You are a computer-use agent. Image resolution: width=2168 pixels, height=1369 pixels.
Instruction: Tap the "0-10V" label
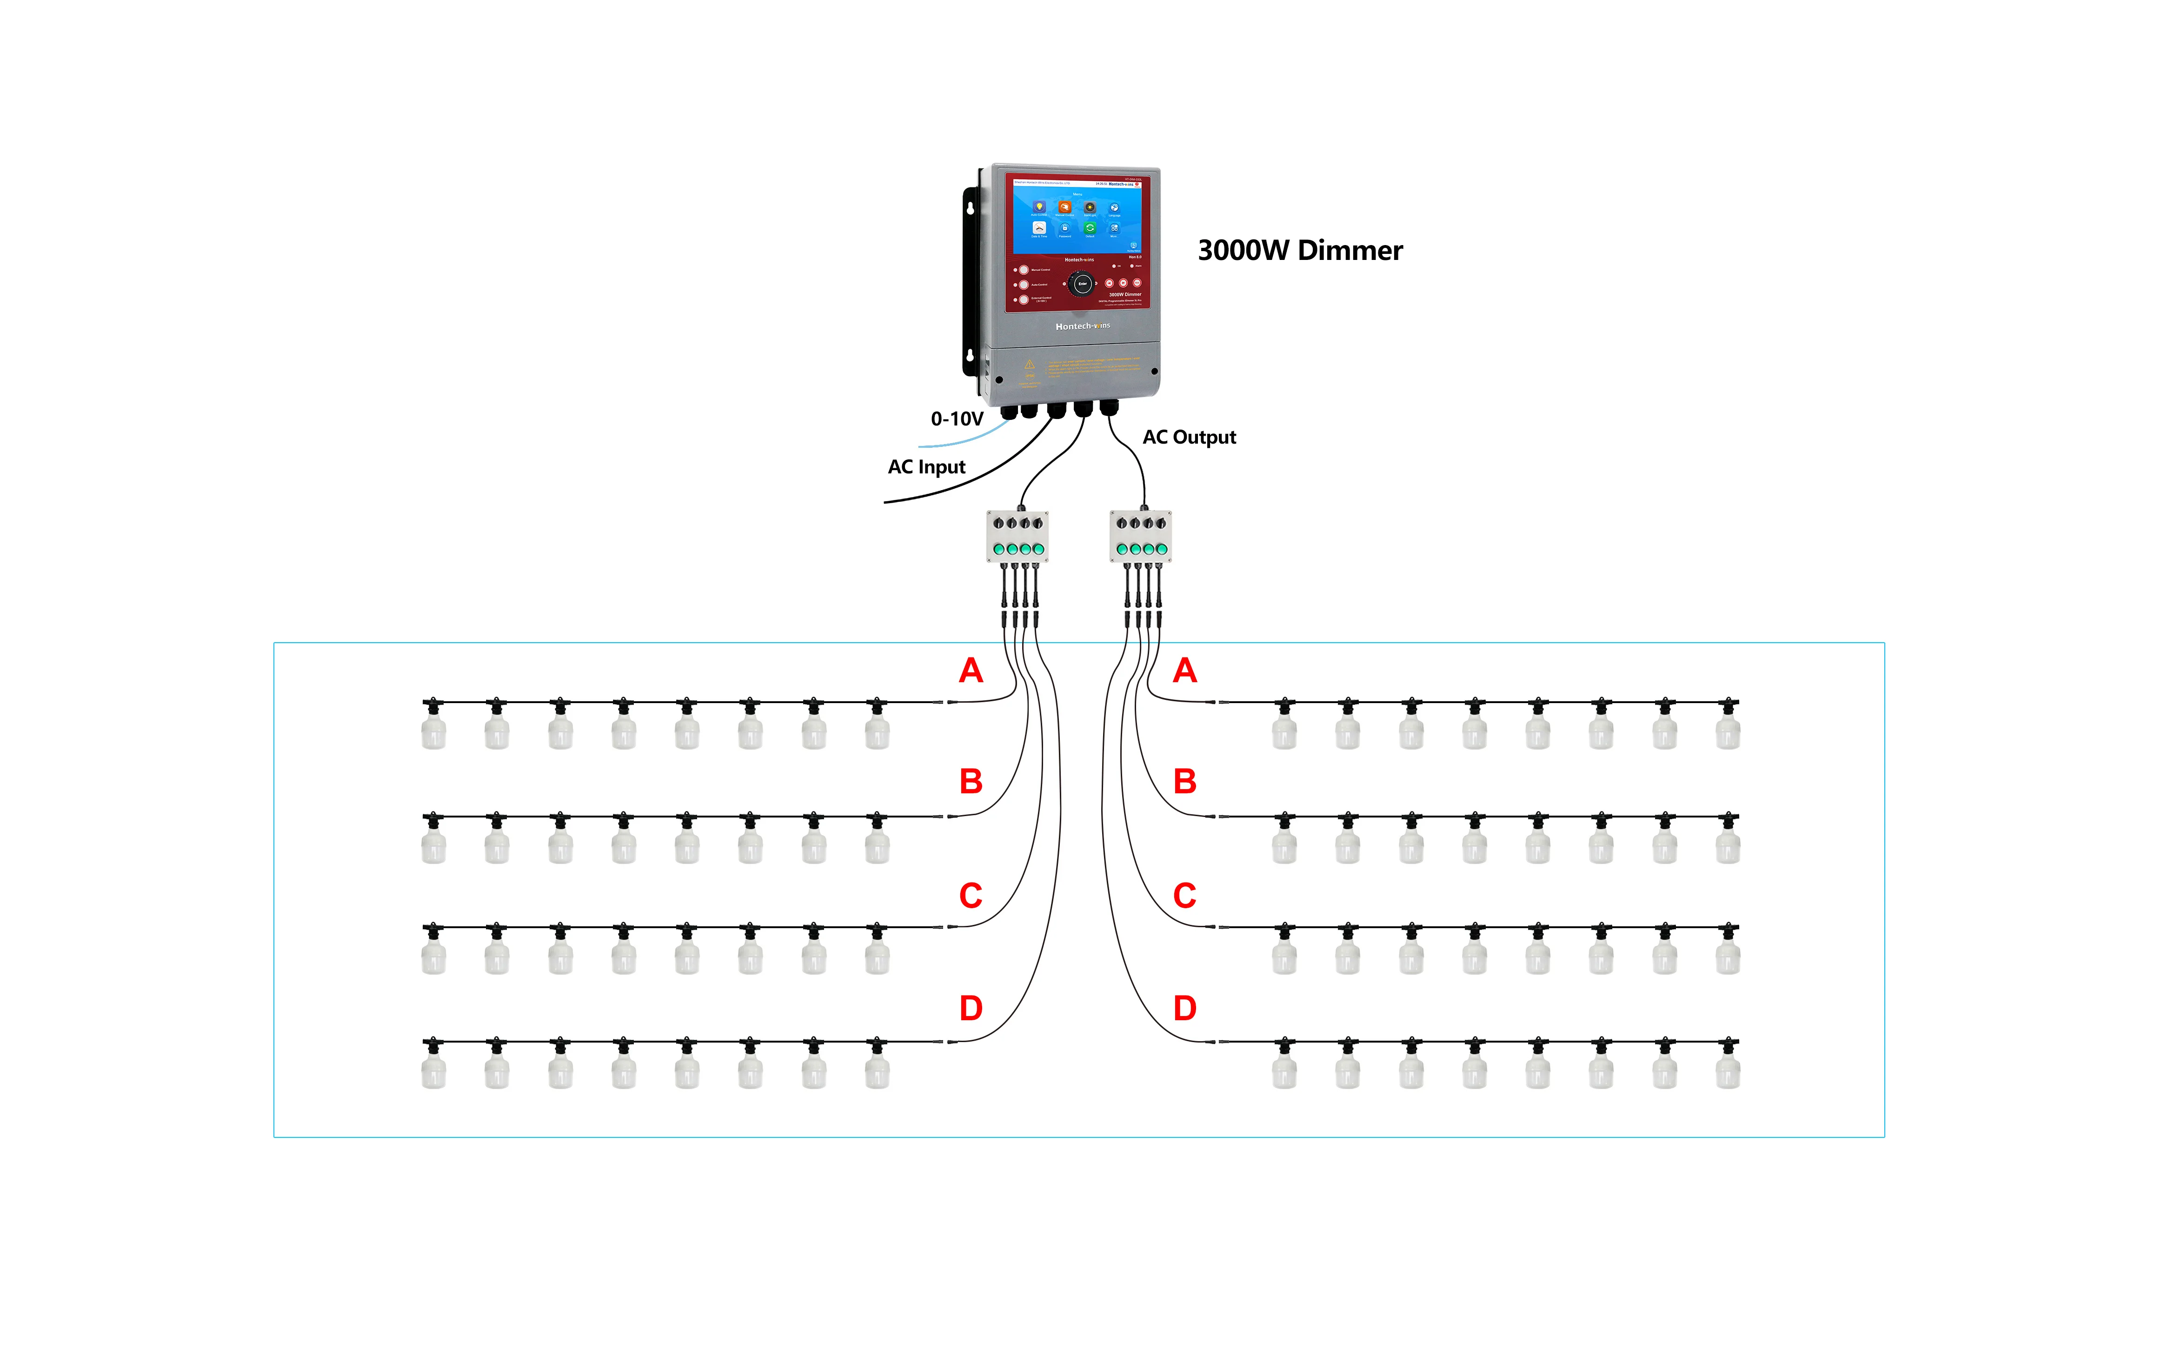tap(956, 419)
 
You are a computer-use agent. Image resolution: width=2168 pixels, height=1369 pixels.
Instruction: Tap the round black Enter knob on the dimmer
tap(1082, 285)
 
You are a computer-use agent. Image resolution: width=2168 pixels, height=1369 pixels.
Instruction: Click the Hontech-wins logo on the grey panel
tap(1082, 326)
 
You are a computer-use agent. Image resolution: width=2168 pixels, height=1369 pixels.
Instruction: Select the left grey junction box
tap(1017, 537)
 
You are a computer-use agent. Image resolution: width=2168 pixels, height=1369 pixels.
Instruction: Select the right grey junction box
tap(1141, 537)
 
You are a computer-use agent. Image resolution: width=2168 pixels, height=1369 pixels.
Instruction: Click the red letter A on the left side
tap(971, 671)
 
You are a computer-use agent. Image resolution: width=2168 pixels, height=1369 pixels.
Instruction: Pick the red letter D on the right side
tap(1185, 1008)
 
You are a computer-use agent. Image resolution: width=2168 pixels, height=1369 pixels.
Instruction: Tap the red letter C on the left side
tap(971, 896)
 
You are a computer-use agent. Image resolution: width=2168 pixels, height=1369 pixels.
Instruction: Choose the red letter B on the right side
tap(1185, 781)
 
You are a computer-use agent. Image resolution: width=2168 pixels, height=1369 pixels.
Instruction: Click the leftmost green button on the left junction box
tap(998, 549)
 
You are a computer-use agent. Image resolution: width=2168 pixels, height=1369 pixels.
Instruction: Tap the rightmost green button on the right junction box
tap(1162, 549)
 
